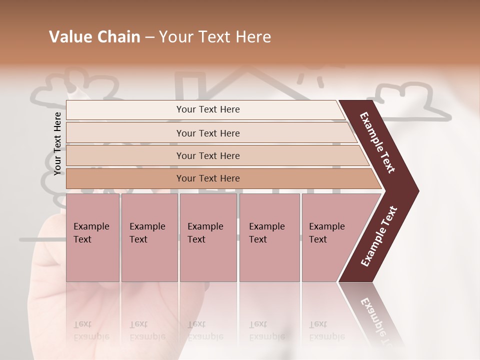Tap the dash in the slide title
pyautogui.click(x=149, y=37)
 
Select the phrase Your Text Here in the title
pyautogui.click(x=215, y=37)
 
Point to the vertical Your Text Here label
pyautogui.click(x=57, y=143)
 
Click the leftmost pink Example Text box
pyautogui.click(x=92, y=237)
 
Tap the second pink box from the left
pyautogui.click(x=149, y=237)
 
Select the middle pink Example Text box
pyautogui.click(x=208, y=237)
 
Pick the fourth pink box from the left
pyautogui.click(x=269, y=237)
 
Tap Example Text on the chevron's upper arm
pyautogui.click(x=377, y=142)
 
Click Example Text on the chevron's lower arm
pyautogui.click(x=379, y=236)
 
